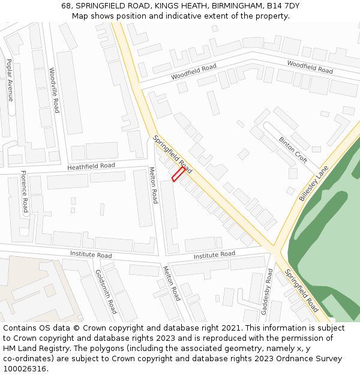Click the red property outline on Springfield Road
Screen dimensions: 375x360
[x=178, y=174]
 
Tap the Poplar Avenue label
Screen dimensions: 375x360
[x=10, y=80]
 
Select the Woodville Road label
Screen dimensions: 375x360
[x=55, y=90]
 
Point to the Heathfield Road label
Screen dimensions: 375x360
[x=91, y=166]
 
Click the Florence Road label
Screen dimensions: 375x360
[x=25, y=191]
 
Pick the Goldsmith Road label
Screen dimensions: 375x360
[x=106, y=292]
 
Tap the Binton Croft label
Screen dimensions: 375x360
[x=293, y=149]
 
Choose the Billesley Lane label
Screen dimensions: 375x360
[x=314, y=183]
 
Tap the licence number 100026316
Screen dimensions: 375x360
[x=25, y=369]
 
